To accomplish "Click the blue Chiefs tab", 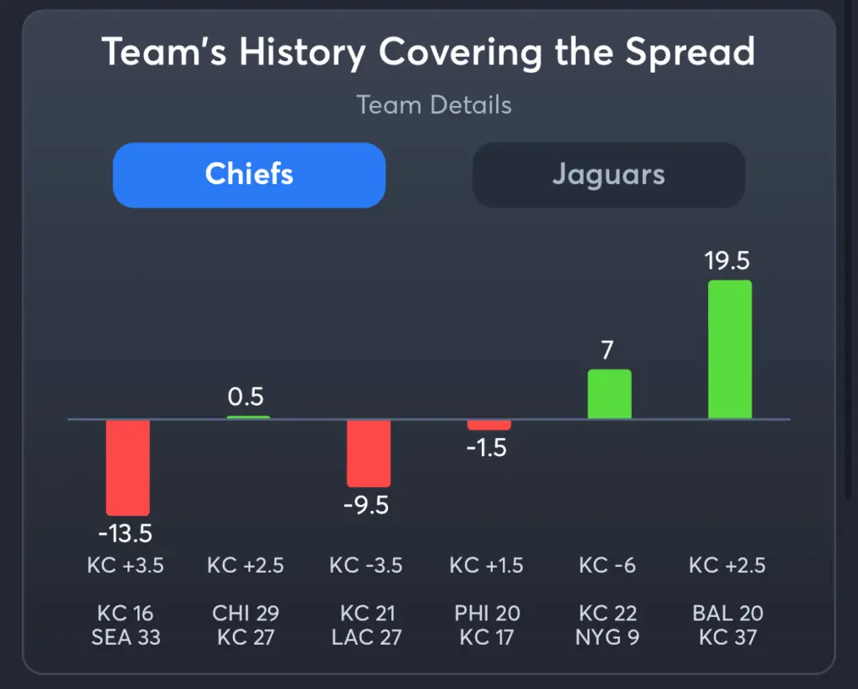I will [249, 175].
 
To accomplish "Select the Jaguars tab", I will [608, 175].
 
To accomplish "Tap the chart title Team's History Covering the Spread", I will [428, 52].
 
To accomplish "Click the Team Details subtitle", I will [433, 105].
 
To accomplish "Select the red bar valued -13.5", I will [127, 466].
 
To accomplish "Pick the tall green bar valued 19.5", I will [729, 349].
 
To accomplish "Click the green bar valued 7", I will [609, 393].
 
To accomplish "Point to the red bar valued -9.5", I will [369, 452].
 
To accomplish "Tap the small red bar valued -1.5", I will [488, 424].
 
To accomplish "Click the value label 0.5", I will [246, 397].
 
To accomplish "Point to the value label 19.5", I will [727, 261].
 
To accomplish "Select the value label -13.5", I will [125, 533].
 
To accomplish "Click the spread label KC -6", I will [607, 566].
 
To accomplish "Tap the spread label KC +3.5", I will [126, 566].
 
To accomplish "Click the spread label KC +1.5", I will [487, 566].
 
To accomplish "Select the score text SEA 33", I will [126, 637].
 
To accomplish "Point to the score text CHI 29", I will [246, 614].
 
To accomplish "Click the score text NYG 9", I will [607, 637].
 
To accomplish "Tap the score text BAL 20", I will [726, 614].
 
